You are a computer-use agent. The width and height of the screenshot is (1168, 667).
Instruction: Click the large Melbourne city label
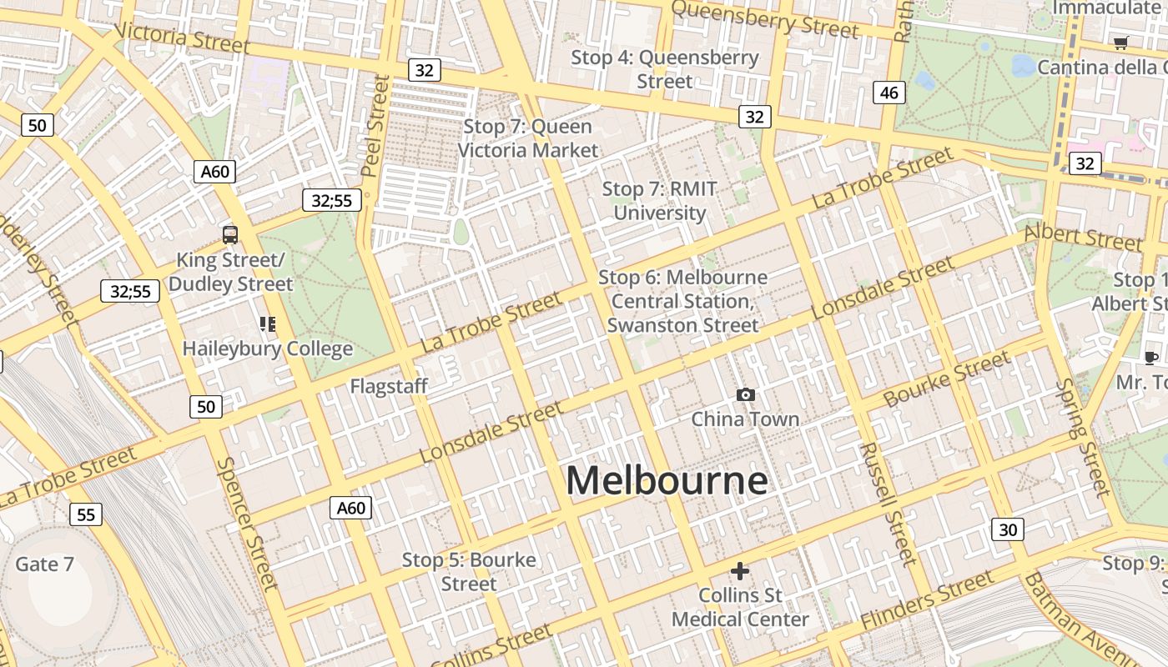(x=667, y=481)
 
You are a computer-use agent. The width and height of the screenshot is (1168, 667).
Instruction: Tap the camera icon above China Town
(x=746, y=394)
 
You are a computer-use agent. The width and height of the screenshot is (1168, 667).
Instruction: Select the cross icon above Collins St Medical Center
(x=740, y=571)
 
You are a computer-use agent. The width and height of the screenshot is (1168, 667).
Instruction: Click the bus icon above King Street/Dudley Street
(x=230, y=235)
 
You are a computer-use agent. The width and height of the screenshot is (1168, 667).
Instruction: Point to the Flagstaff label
(x=389, y=387)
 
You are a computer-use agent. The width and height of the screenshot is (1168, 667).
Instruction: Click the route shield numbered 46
(x=889, y=93)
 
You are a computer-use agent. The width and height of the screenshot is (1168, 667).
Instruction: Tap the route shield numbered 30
(x=1008, y=529)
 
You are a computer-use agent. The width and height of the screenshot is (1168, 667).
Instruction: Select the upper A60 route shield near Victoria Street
(x=215, y=172)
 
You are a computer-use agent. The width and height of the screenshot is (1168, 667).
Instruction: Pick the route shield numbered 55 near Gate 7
(x=86, y=514)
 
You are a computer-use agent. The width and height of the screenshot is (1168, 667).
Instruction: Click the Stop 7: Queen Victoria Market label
(x=528, y=138)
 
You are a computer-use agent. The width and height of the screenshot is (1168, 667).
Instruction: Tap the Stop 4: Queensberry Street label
(x=665, y=69)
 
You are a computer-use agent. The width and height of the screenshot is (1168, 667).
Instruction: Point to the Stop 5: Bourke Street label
(x=469, y=572)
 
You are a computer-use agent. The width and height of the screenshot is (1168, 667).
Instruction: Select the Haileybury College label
(x=268, y=349)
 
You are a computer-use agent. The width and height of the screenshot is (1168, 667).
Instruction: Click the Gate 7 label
(x=44, y=564)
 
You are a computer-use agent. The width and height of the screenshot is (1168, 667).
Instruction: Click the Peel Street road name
(x=375, y=125)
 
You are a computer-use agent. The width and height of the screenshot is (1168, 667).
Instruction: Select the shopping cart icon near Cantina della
(x=1121, y=43)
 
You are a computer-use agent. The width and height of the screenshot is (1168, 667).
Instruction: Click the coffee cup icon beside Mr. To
(x=1151, y=359)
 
